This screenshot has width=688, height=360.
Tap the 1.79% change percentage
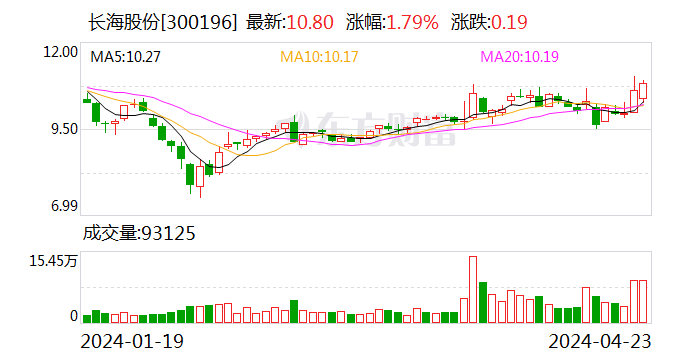[x=410, y=22]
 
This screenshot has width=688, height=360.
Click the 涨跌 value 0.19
[x=509, y=22]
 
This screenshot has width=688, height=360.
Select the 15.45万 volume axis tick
[x=54, y=260]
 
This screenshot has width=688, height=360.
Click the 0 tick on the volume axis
[x=73, y=316]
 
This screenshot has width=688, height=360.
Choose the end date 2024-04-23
[x=600, y=342]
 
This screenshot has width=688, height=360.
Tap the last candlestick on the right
[x=644, y=90]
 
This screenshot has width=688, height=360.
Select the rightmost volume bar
[x=644, y=301]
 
